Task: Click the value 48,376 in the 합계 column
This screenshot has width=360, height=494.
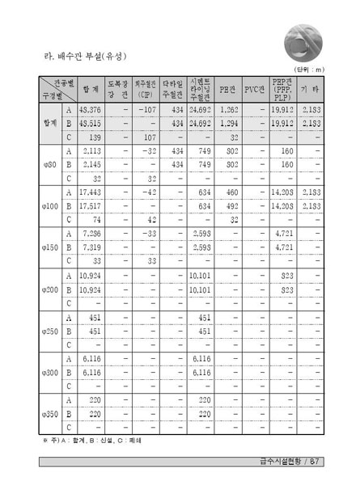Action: tap(91, 109)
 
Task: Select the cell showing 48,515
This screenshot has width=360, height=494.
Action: tap(91, 123)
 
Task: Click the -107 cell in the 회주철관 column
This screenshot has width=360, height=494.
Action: tap(146, 109)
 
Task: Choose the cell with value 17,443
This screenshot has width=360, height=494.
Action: tap(91, 192)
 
